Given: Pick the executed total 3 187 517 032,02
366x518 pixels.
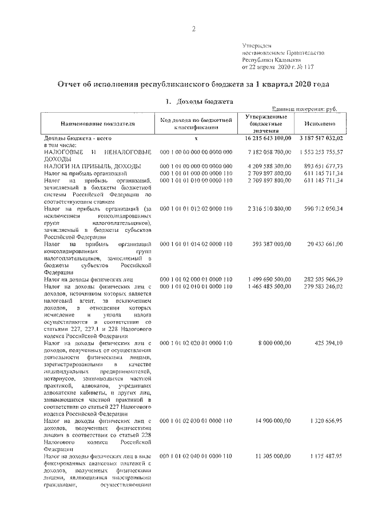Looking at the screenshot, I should (320, 139).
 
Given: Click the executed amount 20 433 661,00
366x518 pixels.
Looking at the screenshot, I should (324, 244).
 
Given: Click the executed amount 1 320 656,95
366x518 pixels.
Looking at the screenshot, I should (324, 421).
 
